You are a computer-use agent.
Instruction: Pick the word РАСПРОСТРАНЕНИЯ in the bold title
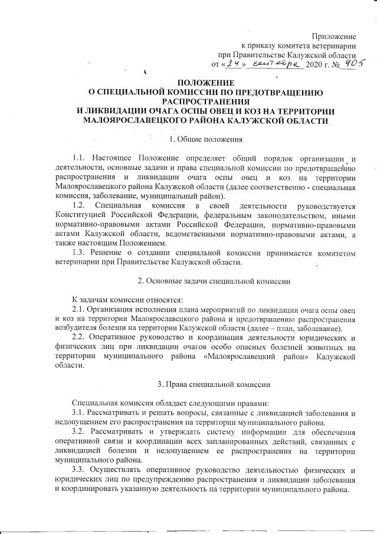[204, 101]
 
